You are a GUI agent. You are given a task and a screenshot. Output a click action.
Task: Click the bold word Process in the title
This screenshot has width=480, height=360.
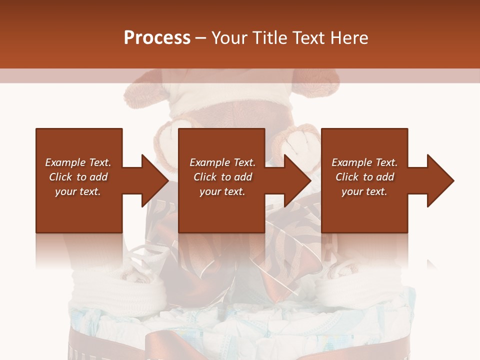[157, 38]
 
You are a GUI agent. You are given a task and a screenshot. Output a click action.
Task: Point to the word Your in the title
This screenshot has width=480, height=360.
[229, 38]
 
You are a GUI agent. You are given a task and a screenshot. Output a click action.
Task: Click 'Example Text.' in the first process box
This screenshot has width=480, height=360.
[78, 162]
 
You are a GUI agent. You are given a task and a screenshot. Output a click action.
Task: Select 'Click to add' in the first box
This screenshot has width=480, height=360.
[78, 177]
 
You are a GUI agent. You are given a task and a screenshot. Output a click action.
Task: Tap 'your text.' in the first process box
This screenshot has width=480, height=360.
[78, 191]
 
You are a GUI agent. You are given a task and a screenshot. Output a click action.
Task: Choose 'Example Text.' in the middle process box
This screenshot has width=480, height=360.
[222, 162]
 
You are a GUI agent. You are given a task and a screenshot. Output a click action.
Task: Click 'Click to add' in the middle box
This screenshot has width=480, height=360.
[222, 177]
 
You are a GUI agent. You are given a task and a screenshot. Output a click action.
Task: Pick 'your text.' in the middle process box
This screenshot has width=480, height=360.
[222, 191]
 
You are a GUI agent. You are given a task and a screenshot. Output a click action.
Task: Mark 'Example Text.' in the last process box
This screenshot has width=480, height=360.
[364, 162]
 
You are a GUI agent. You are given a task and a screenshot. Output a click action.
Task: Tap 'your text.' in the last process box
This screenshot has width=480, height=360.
[364, 191]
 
